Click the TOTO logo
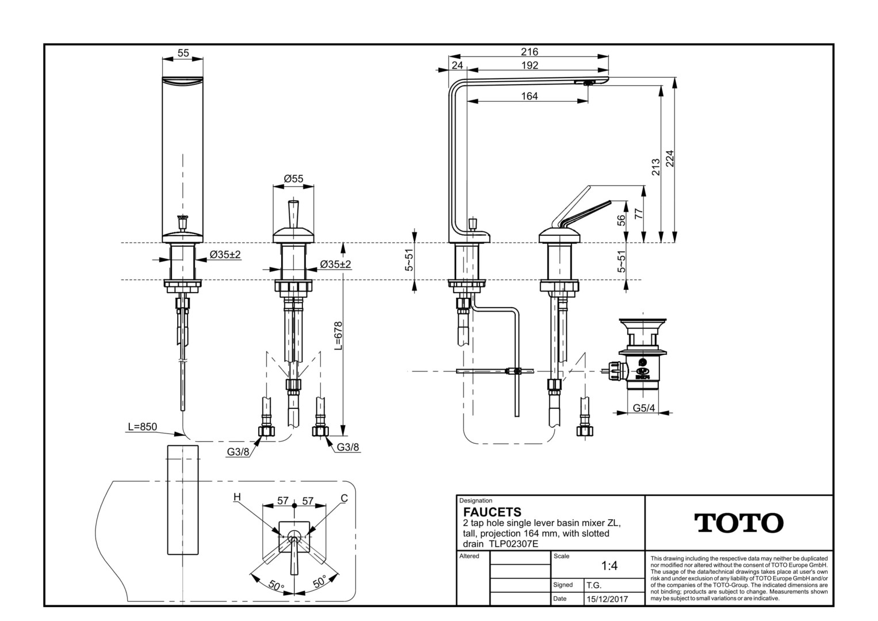point(739,523)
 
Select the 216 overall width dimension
point(529,52)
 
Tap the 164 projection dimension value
point(529,96)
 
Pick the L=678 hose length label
point(338,336)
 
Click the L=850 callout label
point(142,427)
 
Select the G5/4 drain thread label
point(644,408)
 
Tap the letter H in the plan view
point(237,497)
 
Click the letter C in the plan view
point(344,498)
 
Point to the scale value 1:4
point(609,566)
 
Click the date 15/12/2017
point(607,599)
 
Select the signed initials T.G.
point(594,585)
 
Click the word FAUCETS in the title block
point(492,512)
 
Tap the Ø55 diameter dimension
point(293,179)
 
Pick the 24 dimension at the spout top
point(457,66)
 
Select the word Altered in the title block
point(469,556)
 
